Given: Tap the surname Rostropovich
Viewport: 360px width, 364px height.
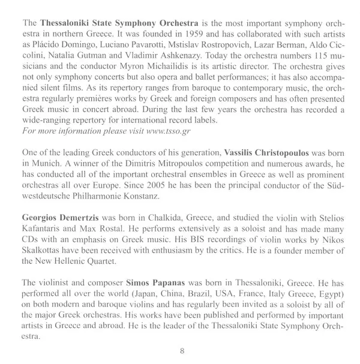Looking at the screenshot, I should click(x=241, y=40).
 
